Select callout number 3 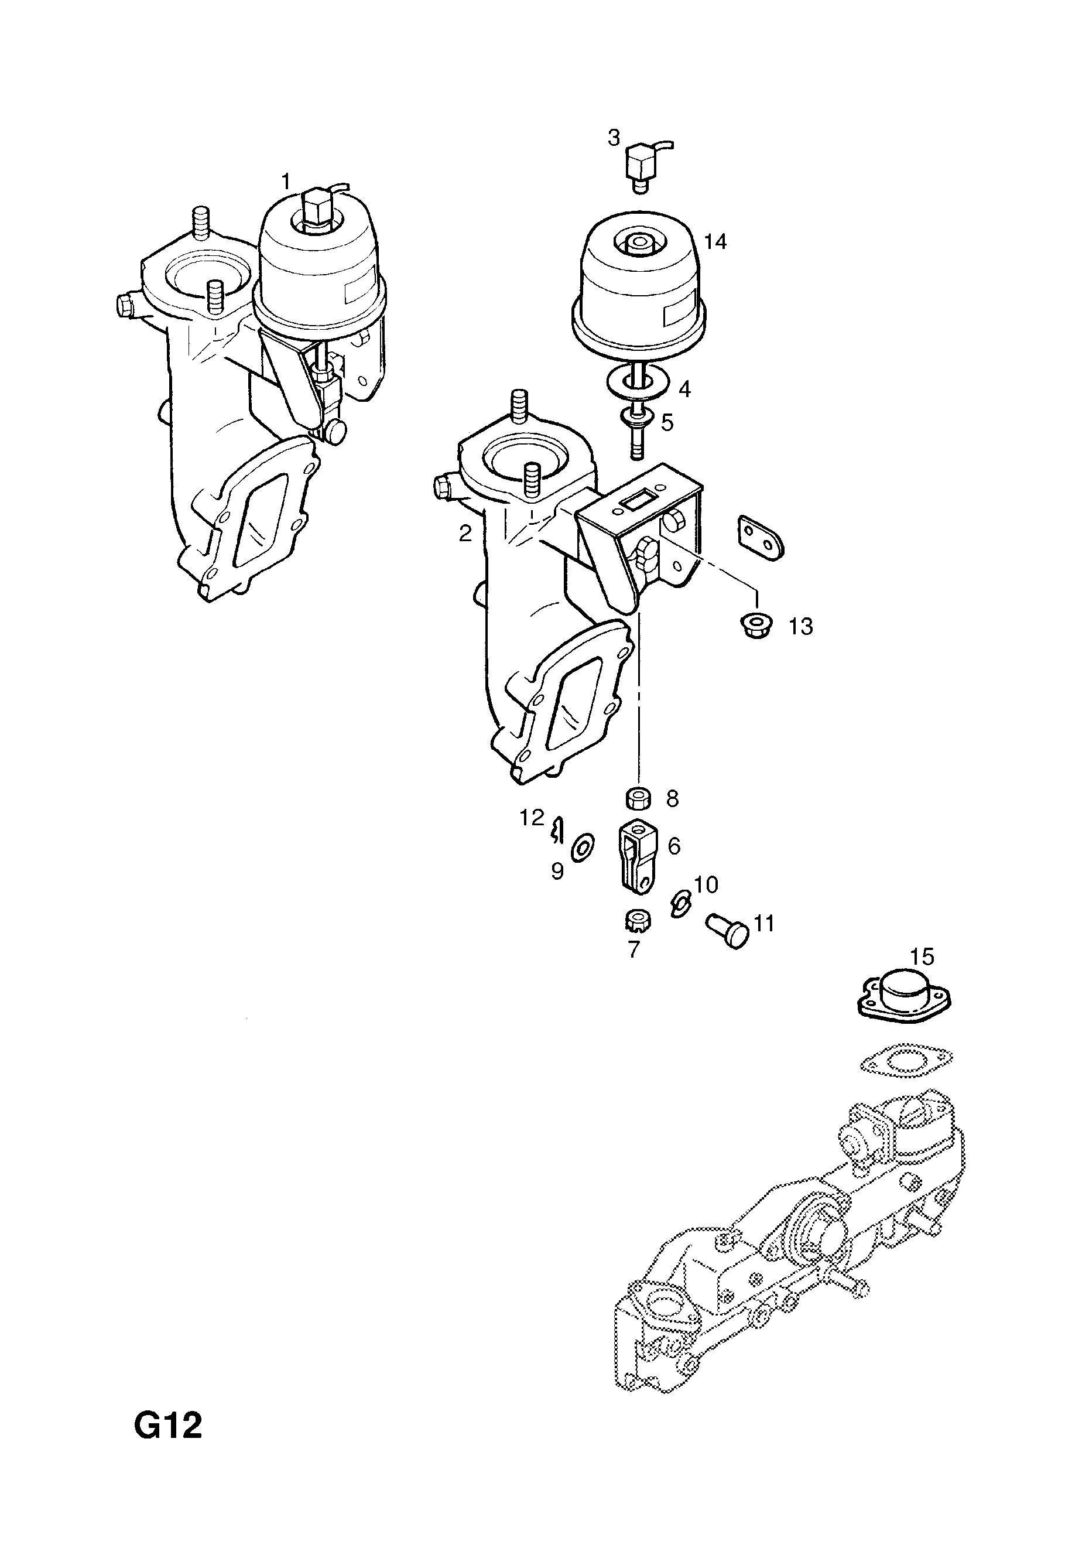pyautogui.click(x=613, y=138)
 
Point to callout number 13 pyautogui.click(x=800, y=626)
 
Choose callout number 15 pyautogui.click(x=922, y=956)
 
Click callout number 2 pyautogui.click(x=465, y=534)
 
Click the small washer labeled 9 pyautogui.click(x=581, y=848)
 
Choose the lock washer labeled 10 pyautogui.click(x=679, y=906)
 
